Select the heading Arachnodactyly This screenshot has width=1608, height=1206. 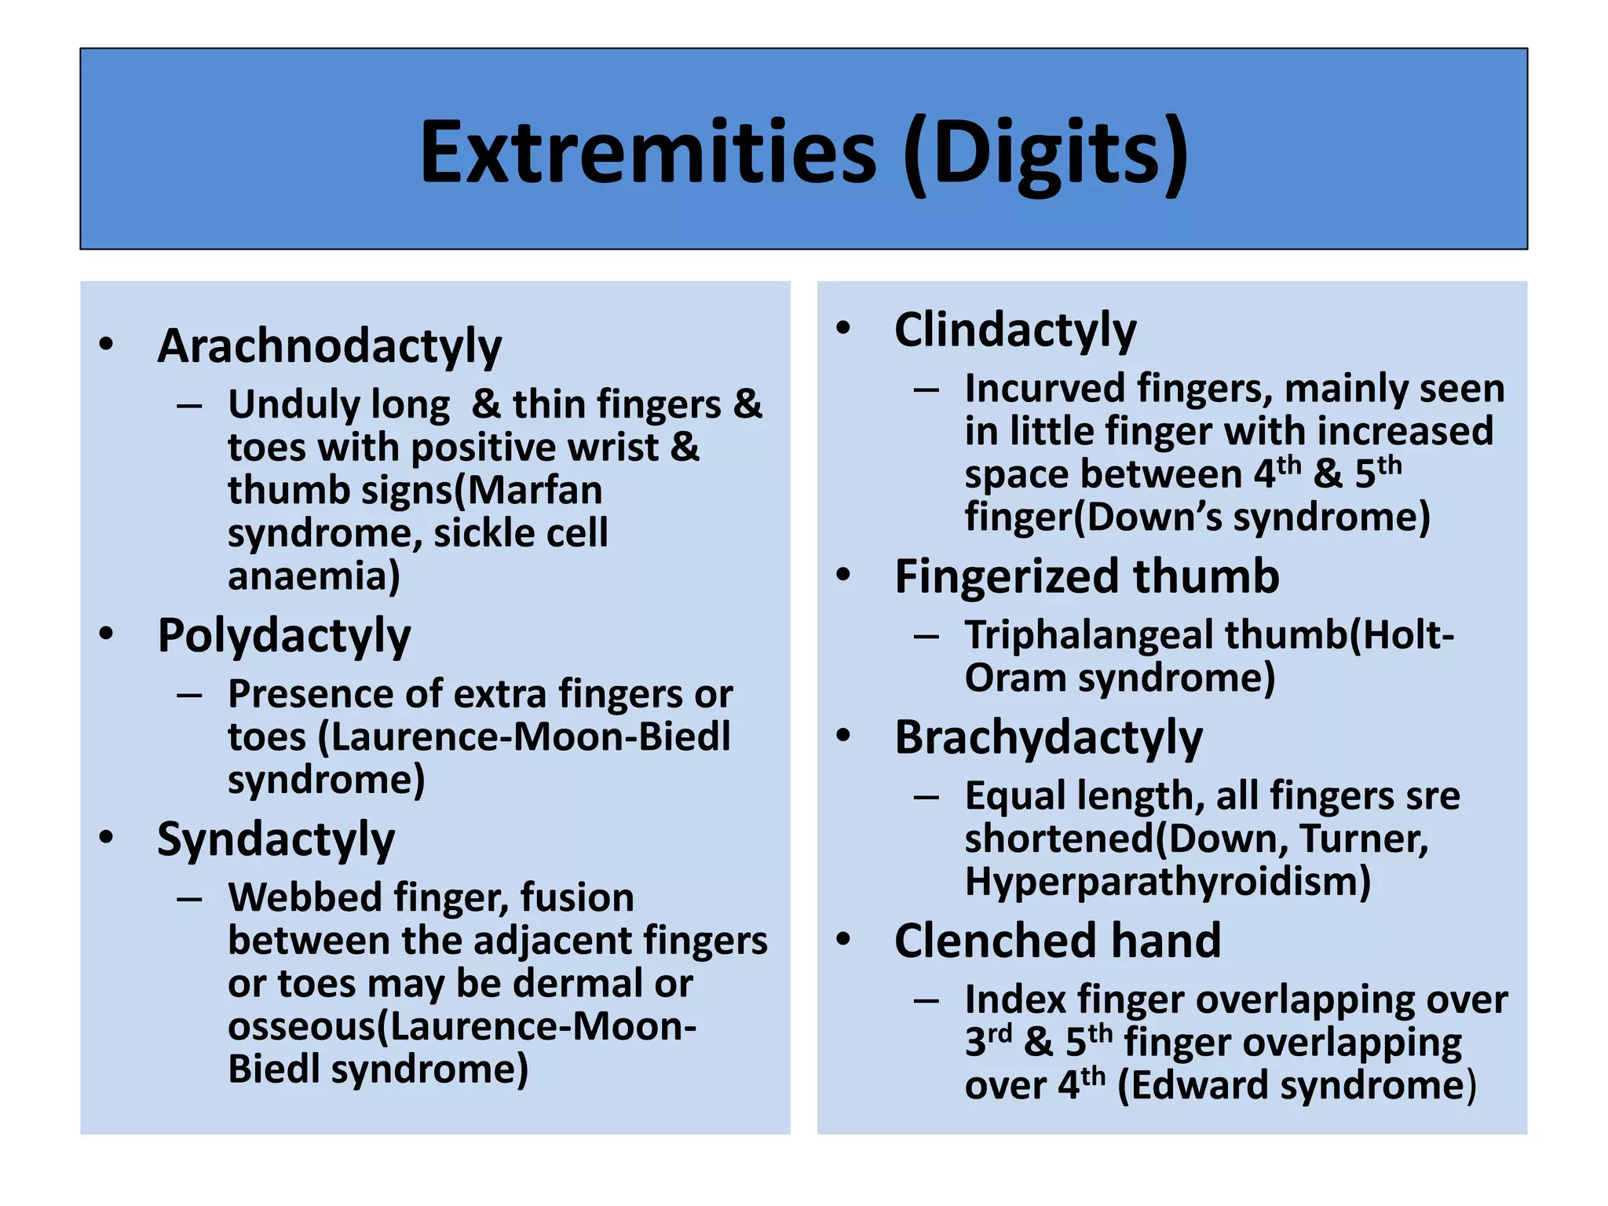coord(329,346)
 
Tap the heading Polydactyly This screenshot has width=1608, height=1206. coord(283,635)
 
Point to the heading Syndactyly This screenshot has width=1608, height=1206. coord(276,839)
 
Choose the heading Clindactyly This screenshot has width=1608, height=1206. coord(1014,330)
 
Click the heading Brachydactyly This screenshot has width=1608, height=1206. coord(1048,738)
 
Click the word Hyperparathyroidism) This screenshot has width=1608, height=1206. coord(1168,882)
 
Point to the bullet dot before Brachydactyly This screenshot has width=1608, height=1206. coord(843,736)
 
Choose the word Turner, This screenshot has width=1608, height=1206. coord(1364,839)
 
